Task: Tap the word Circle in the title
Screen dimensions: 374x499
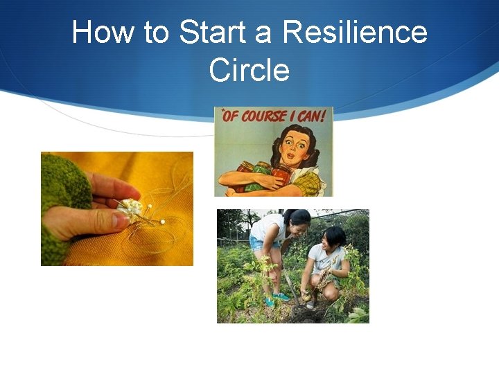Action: click(249, 69)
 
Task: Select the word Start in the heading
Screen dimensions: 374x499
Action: click(210, 33)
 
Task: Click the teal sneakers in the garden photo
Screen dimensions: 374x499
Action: click(279, 296)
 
